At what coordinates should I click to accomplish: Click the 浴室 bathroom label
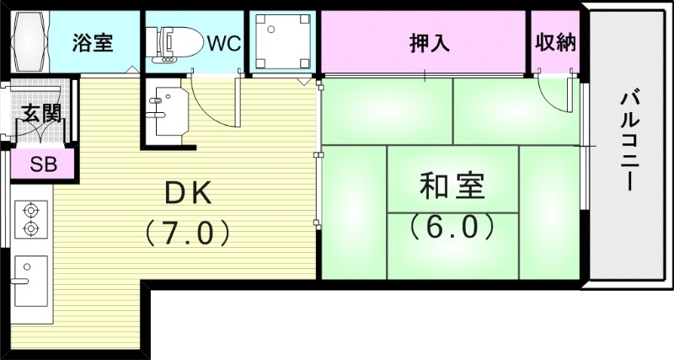[x=93, y=43]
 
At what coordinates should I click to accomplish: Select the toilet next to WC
[x=174, y=44]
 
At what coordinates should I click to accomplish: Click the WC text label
[x=224, y=44]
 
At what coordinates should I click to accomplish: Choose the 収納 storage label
[x=555, y=42]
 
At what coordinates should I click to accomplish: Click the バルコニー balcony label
[x=629, y=140]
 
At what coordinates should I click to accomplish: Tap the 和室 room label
[x=452, y=185]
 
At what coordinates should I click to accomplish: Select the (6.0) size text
[x=452, y=227]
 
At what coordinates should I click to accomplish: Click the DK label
[x=188, y=194]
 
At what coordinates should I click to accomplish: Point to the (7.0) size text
[x=187, y=234]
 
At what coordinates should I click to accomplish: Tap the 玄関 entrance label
[x=40, y=114]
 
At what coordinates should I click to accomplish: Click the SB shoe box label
[x=44, y=164]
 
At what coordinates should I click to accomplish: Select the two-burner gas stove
[x=31, y=219]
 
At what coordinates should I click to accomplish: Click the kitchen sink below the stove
[x=30, y=282]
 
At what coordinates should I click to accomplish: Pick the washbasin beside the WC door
[x=167, y=111]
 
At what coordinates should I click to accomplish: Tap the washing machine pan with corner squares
[x=283, y=41]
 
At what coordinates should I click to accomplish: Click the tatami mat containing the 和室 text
[x=452, y=180]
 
